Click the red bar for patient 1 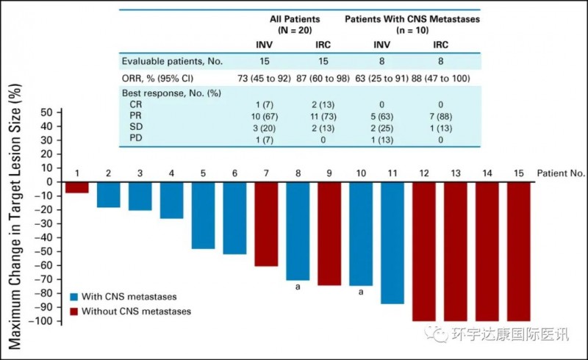point(76,187)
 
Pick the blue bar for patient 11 point(392,242)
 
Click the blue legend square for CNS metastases point(75,297)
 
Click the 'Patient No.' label point(562,173)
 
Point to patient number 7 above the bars point(266,173)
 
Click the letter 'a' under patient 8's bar point(298,289)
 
